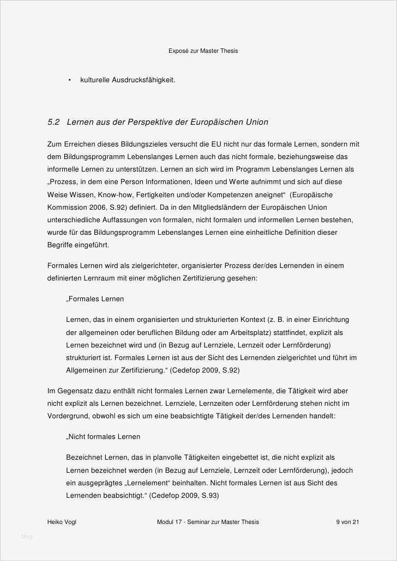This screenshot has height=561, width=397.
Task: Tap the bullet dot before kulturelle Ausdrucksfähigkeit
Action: [70, 80]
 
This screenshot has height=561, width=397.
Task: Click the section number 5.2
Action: [53, 122]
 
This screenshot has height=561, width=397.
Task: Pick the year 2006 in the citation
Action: [97, 207]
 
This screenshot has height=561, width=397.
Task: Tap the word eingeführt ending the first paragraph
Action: [94, 245]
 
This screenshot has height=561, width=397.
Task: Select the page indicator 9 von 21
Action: [347, 522]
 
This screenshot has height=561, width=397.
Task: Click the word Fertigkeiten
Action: [170, 194]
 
